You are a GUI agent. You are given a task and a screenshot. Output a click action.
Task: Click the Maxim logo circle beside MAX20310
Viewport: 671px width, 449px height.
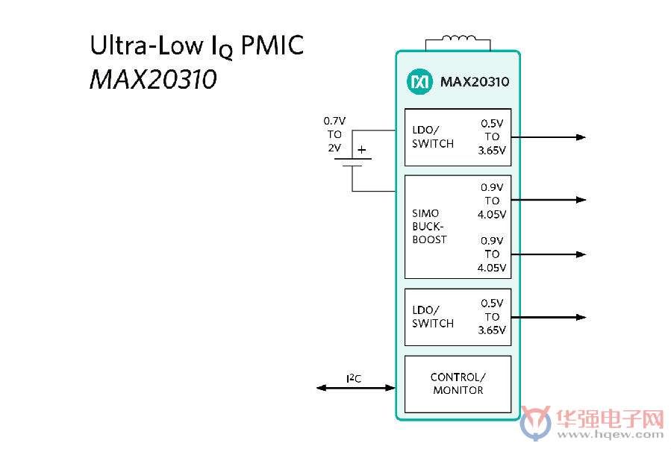tap(419, 81)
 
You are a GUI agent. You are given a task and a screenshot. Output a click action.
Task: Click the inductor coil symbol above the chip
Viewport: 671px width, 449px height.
tap(458, 39)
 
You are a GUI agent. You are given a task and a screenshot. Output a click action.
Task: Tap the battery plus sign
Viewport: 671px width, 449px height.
tap(362, 150)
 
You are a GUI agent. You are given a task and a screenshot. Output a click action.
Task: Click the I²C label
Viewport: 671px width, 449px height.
tap(354, 378)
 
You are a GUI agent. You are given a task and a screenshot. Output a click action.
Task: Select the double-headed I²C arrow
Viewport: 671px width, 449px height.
tap(356, 388)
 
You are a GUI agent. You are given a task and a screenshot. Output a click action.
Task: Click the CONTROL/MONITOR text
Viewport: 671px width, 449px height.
tap(458, 383)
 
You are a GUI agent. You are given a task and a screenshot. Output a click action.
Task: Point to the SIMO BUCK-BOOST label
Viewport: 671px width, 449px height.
tap(429, 226)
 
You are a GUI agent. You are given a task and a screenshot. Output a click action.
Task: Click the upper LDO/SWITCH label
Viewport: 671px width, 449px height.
tap(433, 136)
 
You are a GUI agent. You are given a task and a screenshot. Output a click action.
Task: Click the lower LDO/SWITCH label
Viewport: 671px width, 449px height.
tap(433, 317)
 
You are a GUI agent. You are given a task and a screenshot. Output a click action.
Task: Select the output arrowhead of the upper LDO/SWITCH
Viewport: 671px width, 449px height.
tap(581, 137)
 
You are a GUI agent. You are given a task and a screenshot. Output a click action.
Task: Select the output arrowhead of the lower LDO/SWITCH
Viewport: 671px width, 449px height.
tap(581, 317)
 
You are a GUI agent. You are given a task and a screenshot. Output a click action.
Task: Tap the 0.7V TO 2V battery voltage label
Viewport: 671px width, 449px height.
tap(334, 134)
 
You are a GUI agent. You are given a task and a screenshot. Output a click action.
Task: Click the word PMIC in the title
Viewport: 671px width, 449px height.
tap(272, 45)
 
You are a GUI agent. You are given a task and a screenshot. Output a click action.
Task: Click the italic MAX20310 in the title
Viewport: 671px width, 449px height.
tap(153, 80)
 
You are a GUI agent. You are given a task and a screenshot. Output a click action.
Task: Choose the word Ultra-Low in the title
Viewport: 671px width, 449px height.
tap(147, 45)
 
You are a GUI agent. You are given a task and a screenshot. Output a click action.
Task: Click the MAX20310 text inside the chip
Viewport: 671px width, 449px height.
tap(475, 82)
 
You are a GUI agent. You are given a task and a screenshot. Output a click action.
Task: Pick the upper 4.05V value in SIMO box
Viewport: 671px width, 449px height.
tap(492, 214)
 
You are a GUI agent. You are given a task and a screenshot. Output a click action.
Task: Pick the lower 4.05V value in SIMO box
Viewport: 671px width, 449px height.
tap(492, 268)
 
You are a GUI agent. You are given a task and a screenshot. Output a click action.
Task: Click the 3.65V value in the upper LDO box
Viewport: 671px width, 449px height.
tap(492, 151)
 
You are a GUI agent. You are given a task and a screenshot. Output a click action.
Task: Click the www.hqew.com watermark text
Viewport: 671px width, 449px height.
tap(611, 435)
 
